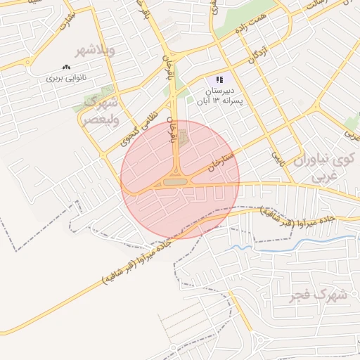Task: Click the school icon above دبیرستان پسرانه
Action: tap(219, 80)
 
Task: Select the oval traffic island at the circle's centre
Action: tap(176, 182)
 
